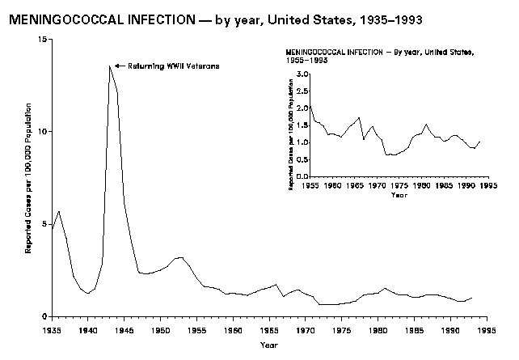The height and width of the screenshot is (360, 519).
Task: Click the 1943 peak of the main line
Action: (x=110, y=66)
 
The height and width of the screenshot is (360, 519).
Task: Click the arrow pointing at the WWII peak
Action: (x=119, y=66)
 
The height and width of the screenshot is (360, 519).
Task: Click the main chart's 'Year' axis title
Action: (x=269, y=345)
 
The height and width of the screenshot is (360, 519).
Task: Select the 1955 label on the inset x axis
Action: (x=310, y=185)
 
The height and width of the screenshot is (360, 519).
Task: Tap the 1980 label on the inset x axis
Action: (x=420, y=185)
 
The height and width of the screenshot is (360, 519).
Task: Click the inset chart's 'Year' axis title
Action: (x=399, y=195)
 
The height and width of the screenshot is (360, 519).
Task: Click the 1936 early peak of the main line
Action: (x=59, y=211)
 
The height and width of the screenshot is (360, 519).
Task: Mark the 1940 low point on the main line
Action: (x=88, y=293)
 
